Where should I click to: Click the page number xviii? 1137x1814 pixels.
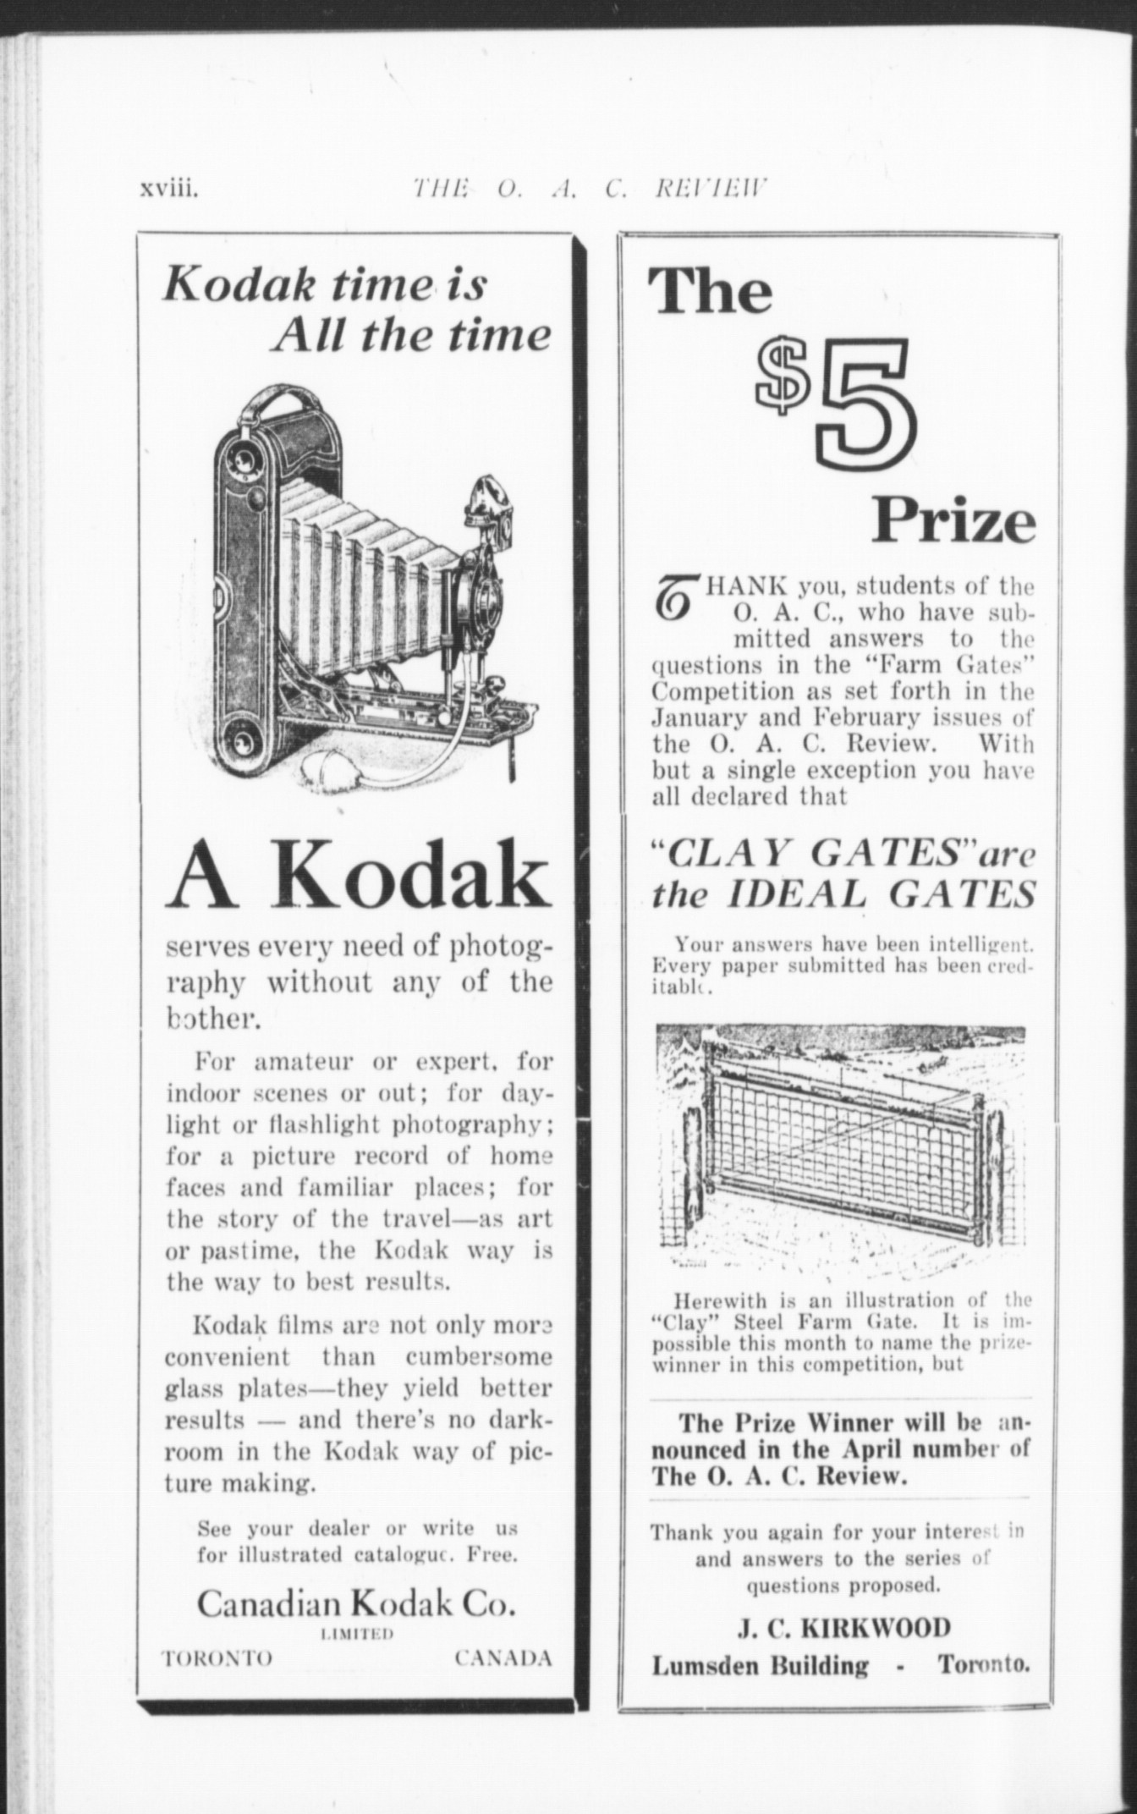click(x=169, y=188)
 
